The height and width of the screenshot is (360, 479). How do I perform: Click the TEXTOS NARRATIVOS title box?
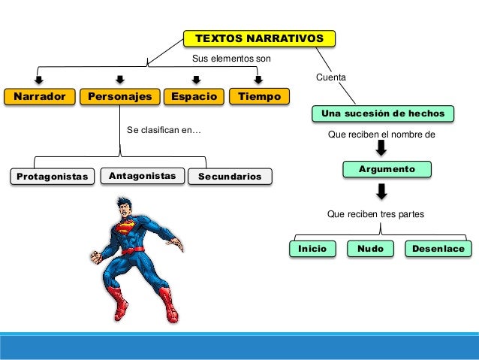259,38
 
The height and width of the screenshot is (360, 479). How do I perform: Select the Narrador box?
40,97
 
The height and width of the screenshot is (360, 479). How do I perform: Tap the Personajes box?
120,97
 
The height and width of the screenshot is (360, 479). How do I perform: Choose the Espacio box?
194,97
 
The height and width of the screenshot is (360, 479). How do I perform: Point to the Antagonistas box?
142,176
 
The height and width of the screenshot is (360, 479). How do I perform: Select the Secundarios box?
230,177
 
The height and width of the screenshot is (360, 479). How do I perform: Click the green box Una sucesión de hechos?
387,113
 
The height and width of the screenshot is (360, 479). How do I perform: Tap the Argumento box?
387,169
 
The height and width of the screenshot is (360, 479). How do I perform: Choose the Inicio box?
312,249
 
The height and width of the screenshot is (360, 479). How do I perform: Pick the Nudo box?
370,249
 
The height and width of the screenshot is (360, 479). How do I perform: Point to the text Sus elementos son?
231,58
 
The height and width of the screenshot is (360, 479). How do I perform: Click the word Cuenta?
331,78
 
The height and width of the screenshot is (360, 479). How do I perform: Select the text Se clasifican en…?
164,130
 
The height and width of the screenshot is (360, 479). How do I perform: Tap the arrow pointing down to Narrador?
38,80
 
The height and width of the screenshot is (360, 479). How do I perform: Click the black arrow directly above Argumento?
381,149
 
